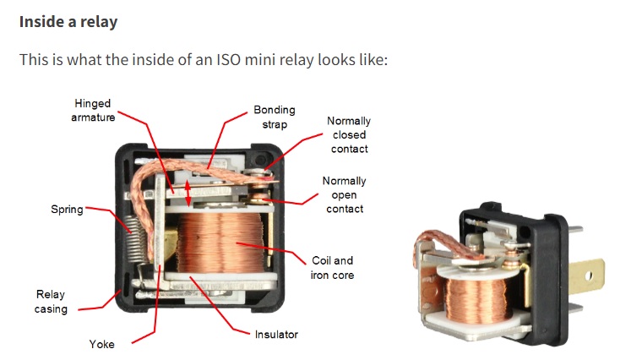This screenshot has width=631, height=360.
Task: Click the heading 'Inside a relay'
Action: [x=68, y=21]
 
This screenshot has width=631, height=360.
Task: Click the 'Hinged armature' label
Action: [x=92, y=111]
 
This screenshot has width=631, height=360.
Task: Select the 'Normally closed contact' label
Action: [x=349, y=135]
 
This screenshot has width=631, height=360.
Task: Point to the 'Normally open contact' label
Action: [x=345, y=194]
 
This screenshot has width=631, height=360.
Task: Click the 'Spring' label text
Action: [x=67, y=209]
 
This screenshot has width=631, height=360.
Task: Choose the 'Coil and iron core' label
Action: [x=332, y=268]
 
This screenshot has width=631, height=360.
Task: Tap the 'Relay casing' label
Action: [x=51, y=302]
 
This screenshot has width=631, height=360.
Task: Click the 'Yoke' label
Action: [x=101, y=344]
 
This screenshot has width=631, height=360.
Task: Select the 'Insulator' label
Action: [x=276, y=335]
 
